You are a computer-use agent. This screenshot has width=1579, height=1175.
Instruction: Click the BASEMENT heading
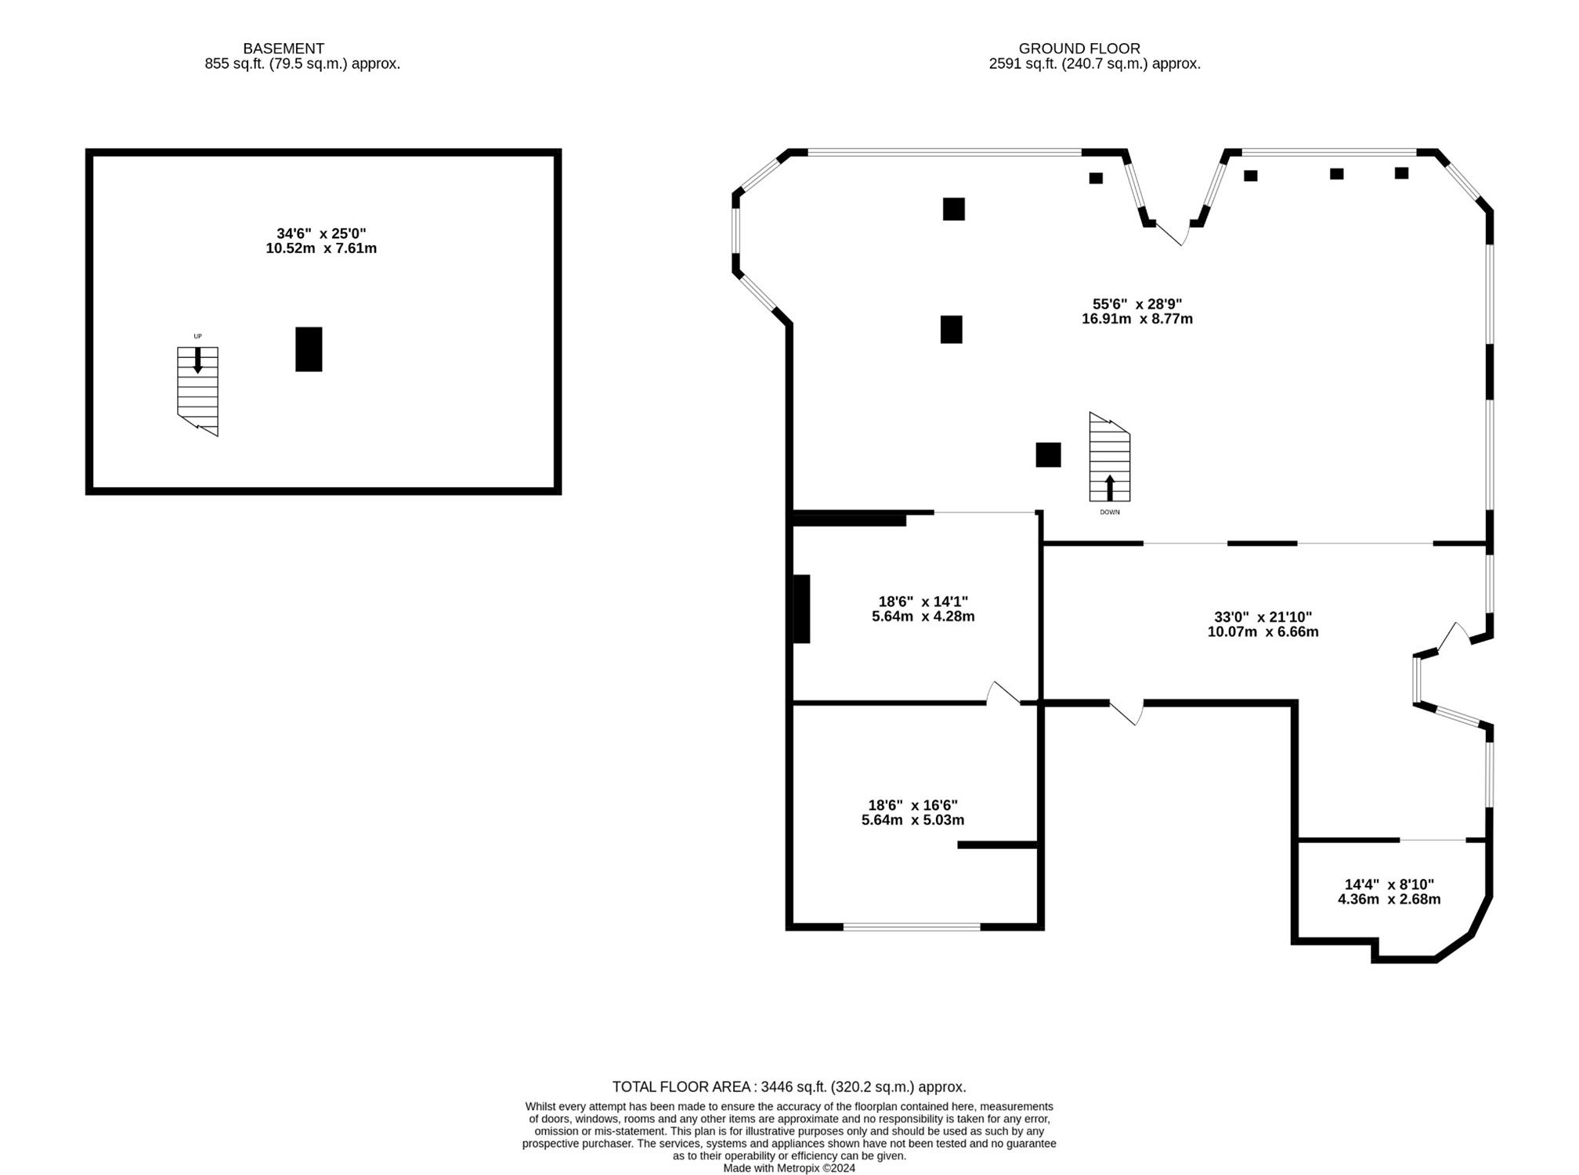[284, 49]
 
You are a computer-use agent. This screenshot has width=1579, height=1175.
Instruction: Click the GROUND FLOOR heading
[1079, 49]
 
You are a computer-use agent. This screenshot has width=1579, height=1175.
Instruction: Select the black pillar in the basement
[309, 349]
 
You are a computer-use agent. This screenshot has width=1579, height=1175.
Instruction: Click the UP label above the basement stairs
[197, 337]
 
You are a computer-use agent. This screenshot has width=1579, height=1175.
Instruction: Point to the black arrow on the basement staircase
[197, 360]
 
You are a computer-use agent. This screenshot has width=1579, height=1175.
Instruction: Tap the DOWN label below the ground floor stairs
[1110, 512]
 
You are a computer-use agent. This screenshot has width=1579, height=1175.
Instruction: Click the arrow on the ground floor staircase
[1110, 487]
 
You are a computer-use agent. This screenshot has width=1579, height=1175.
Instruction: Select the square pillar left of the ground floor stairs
[1049, 454]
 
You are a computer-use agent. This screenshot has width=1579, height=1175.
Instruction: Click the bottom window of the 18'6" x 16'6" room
[912, 927]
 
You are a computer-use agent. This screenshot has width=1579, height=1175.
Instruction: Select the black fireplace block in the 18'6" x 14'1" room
[801, 609]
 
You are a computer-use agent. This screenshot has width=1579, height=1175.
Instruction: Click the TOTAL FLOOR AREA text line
[789, 1087]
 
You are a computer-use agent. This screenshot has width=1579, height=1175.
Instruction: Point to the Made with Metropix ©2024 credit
[789, 1168]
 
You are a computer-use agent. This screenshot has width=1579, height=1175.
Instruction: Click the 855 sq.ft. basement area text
[302, 64]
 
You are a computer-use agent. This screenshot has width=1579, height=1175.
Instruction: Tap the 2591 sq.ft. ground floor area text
[1095, 64]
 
